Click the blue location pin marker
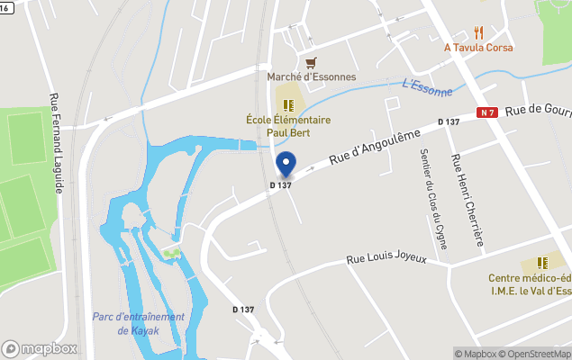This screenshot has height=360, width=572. click(x=286, y=164)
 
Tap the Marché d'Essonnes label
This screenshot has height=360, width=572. click(x=312, y=76)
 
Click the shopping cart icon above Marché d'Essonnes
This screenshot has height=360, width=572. click(x=312, y=62)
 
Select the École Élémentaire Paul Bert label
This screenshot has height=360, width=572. click(x=289, y=126)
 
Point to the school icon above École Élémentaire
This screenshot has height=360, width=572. click(x=289, y=105)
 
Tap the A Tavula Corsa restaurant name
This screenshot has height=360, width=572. click(x=477, y=47)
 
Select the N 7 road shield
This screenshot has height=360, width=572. click(x=487, y=112)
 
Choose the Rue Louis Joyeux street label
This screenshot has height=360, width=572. click(x=399, y=259)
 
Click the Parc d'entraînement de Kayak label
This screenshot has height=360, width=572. click(x=139, y=324)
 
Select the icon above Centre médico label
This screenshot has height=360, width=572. click(x=542, y=263)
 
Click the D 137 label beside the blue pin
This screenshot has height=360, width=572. click(x=281, y=185)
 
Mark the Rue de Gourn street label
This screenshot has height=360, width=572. click(x=538, y=108)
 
